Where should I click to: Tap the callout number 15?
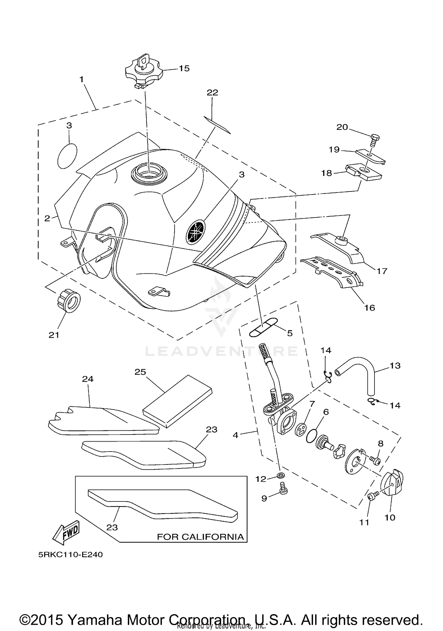(184, 69)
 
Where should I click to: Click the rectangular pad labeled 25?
(177, 402)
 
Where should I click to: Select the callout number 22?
(212, 93)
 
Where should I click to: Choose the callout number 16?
(369, 308)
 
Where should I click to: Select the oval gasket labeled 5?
(263, 327)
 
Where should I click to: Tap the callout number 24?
(88, 379)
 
